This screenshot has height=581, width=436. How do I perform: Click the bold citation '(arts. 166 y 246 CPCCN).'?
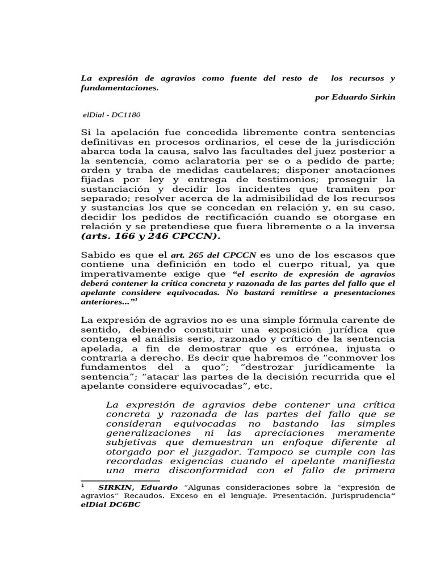tap(152, 236)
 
